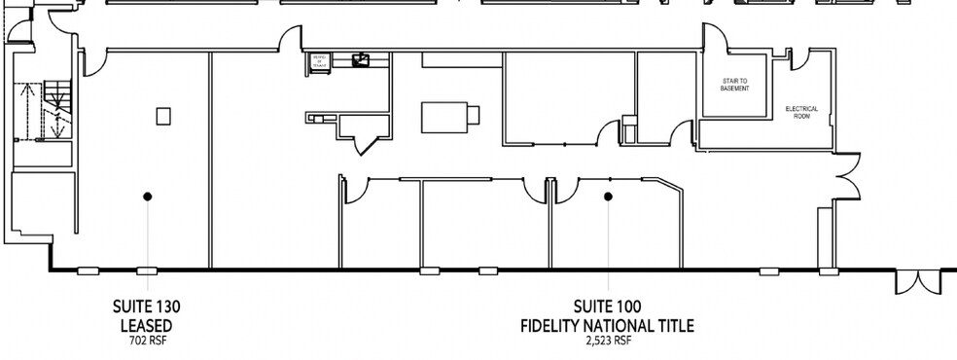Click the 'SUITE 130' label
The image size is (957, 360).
point(147,306)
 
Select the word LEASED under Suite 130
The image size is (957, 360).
point(147,324)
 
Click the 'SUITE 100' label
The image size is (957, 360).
point(609,306)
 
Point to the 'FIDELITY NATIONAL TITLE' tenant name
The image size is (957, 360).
point(609,324)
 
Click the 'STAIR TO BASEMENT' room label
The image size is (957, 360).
point(734,86)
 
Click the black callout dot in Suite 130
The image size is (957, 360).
point(148,197)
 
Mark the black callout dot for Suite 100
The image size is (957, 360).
point(609,197)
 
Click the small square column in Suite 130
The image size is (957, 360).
point(162,116)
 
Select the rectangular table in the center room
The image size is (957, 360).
point(449,117)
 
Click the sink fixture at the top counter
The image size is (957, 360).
point(361,61)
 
